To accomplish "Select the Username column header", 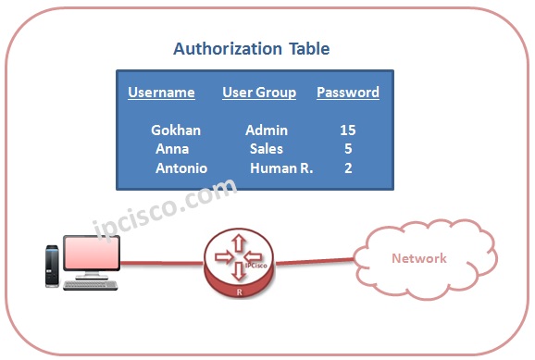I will [x=161, y=93].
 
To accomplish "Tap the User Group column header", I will [x=259, y=93].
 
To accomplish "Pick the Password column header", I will [x=348, y=93].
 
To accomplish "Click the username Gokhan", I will [x=176, y=130].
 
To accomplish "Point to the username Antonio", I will [x=181, y=168].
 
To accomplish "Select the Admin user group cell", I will [x=267, y=130].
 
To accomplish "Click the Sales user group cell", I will [x=266, y=148].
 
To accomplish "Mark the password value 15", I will [x=347, y=130].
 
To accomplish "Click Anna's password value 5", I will [x=347, y=148].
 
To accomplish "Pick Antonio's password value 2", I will [x=347, y=168].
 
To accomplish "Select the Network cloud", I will [x=418, y=258].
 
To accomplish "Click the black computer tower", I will [x=52, y=265].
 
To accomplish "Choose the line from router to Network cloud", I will [x=315, y=262].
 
